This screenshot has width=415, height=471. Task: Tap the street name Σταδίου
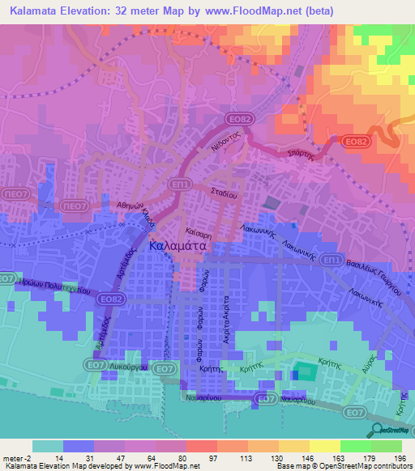[x=223, y=194]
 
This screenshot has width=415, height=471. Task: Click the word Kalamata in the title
[x=38, y=11]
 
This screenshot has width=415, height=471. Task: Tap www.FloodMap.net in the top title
[x=249, y=11]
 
